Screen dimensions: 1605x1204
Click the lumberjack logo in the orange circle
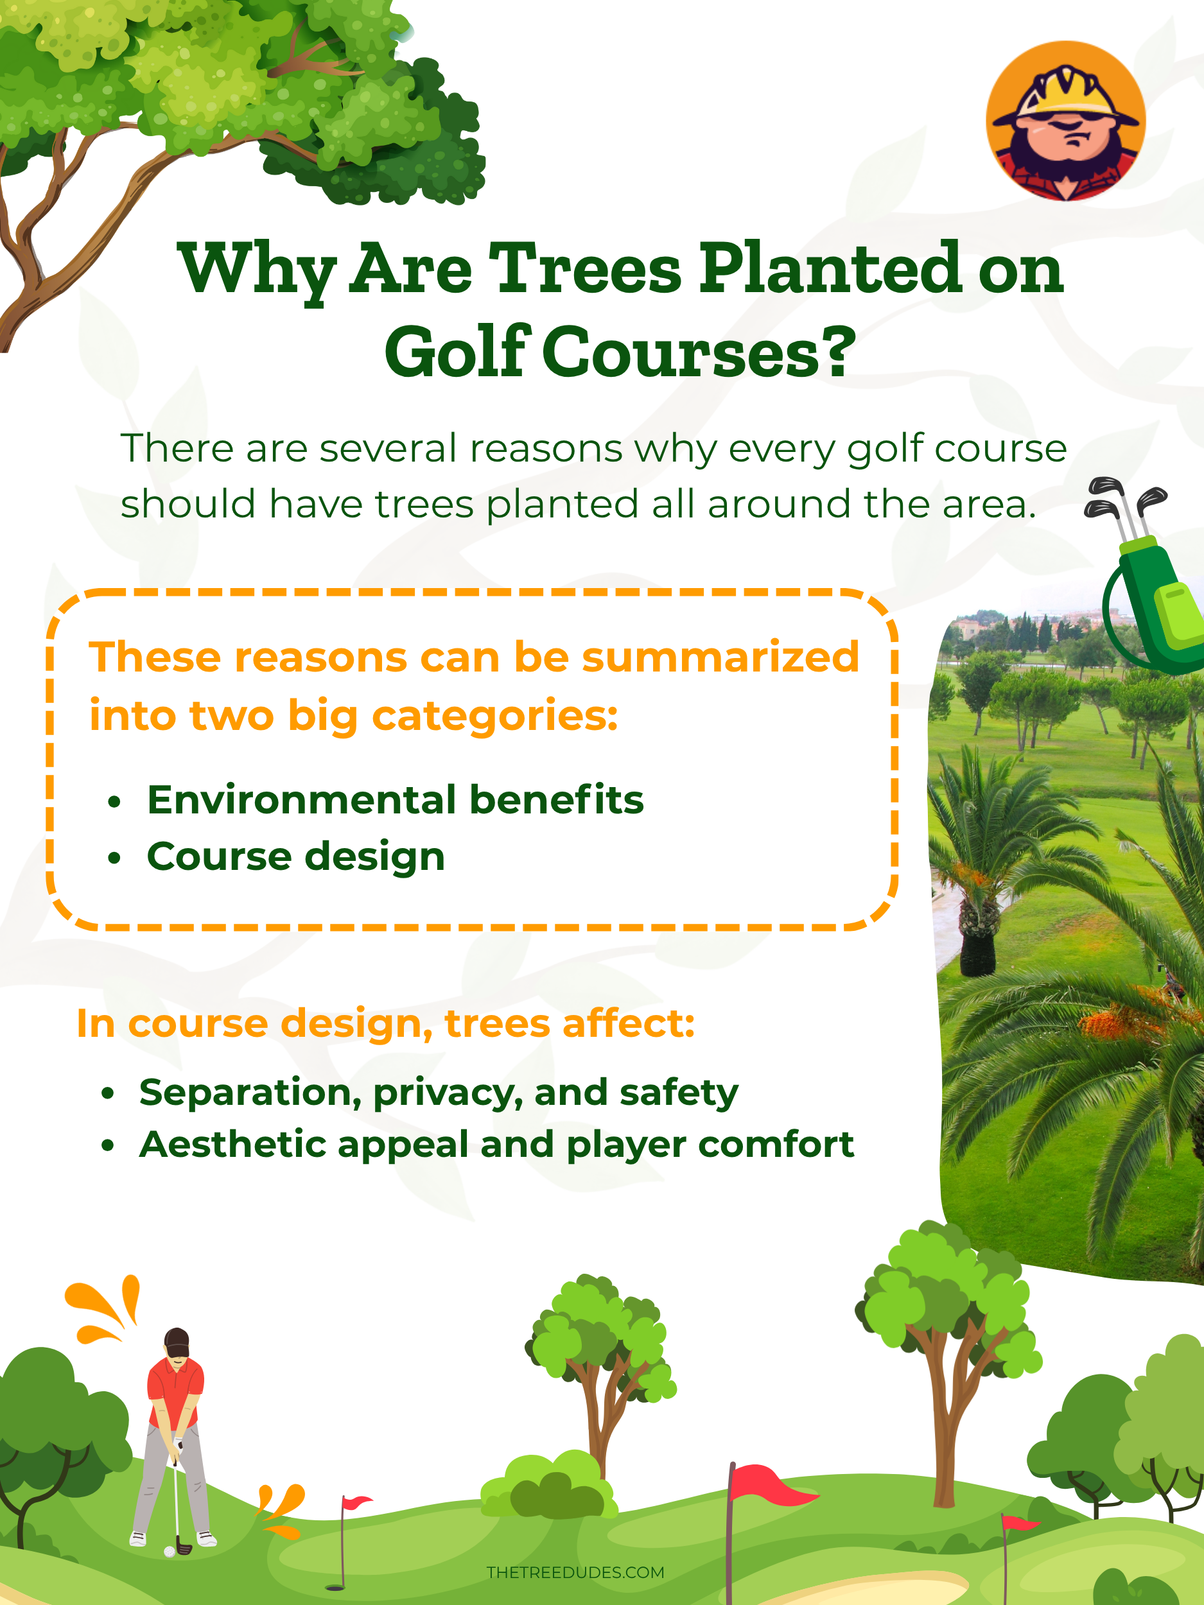[1065, 121]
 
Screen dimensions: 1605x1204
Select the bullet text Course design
[295, 856]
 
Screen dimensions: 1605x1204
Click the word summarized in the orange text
[720, 657]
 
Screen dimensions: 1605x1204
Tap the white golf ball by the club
[169, 1552]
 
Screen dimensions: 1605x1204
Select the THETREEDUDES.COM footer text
[575, 1572]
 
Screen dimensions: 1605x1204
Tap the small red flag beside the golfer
[356, 1502]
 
